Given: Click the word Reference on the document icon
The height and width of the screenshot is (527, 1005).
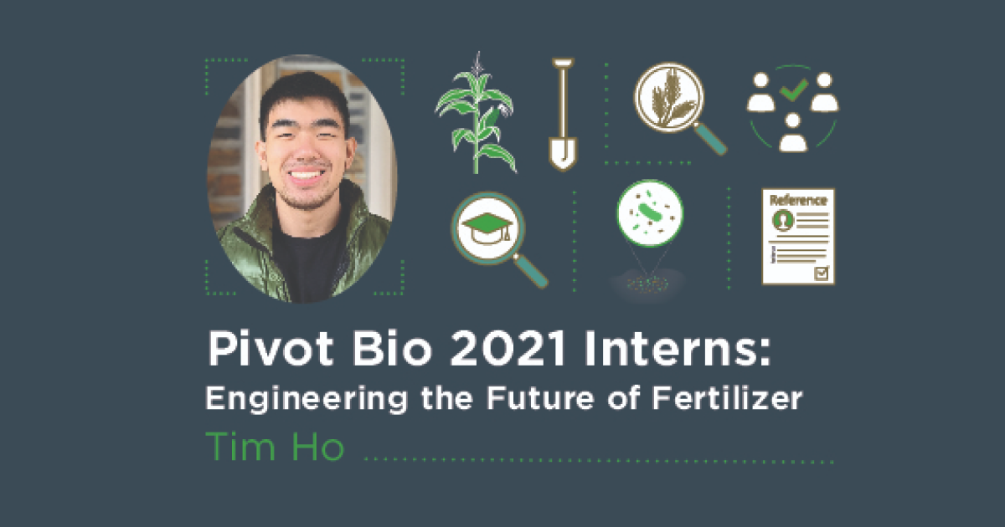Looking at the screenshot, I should click(x=798, y=201).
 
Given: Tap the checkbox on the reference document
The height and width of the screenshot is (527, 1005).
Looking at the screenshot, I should click(x=822, y=273).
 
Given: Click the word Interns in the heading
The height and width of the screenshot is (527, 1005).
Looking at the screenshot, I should click(x=669, y=350).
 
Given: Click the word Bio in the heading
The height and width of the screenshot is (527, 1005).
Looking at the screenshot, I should click(x=373, y=350).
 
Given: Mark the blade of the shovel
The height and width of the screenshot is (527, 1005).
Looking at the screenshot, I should click(x=563, y=151).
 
